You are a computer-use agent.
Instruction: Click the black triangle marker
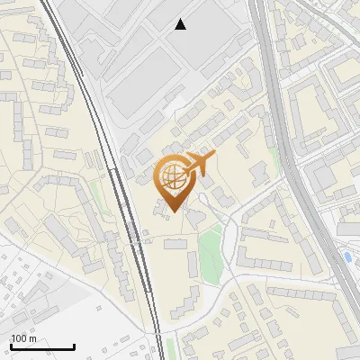[x=181, y=24]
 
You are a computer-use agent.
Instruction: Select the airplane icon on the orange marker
[x=200, y=165]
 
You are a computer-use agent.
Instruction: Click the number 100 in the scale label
[x=19, y=338]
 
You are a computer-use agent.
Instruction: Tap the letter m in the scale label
[x=32, y=338]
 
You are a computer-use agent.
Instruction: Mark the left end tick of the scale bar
[x=11, y=346]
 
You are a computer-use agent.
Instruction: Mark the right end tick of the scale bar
[x=74, y=346]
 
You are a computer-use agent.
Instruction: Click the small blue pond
[x=347, y=257]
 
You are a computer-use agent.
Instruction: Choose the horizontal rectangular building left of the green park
[x=175, y=244]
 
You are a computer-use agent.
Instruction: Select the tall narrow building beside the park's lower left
[x=193, y=264]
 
